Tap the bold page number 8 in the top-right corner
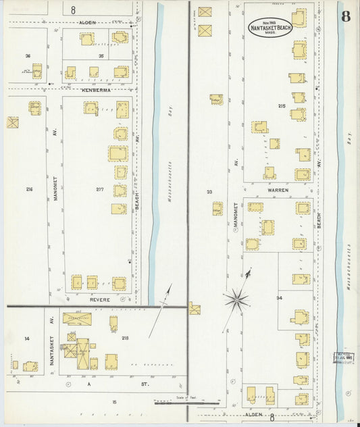pos(345,16)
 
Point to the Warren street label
pos(277,190)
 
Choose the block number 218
pos(125,338)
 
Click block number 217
pos(100,189)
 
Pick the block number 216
pos(29,189)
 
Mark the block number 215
pos(282,106)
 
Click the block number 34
pos(278,297)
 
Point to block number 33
pos(209,192)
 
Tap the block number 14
pos(27,338)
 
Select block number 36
pos(28,56)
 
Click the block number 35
pos(101,56)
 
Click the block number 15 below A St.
pos(114,402)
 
